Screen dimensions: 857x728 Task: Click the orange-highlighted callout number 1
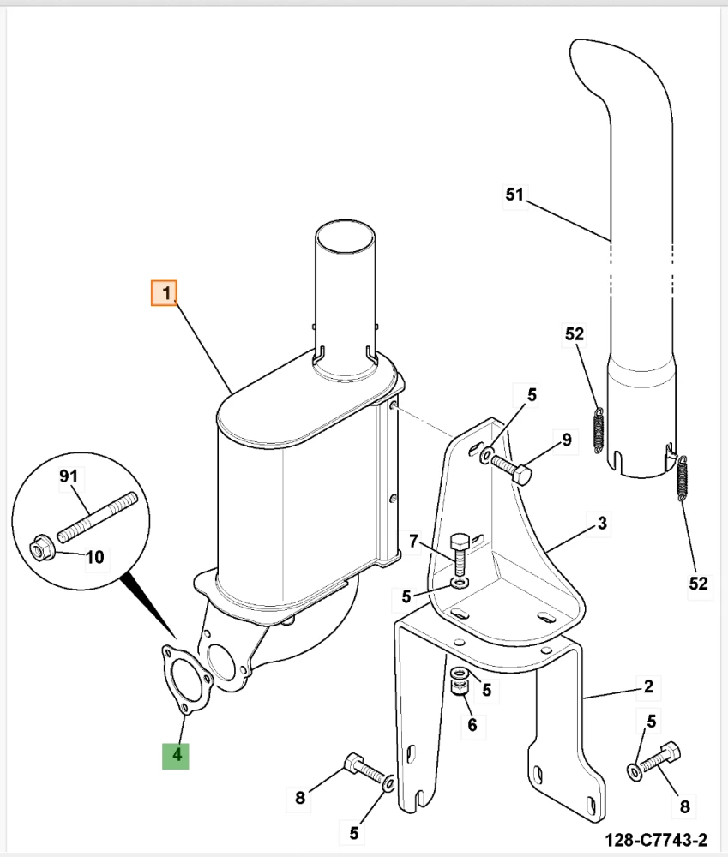164,293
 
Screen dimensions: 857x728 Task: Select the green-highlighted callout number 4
177,755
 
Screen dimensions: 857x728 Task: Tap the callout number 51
514,195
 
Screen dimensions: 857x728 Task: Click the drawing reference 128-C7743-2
655,839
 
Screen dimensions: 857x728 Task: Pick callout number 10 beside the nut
94,558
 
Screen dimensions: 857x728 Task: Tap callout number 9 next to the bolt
566,440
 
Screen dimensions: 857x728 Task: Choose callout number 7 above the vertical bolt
413,541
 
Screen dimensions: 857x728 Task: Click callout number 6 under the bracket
471,726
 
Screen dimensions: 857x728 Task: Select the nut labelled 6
460,685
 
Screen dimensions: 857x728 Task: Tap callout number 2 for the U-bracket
648,686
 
